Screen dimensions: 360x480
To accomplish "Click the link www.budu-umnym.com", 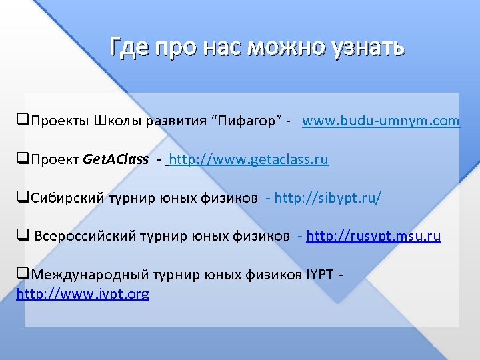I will (x=381, y=121).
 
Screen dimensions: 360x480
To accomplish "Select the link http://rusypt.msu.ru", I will (x=373, y=236).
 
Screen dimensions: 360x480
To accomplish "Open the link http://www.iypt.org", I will (x=83, y=293).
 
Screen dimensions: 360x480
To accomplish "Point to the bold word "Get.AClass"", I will (x=115, y=160).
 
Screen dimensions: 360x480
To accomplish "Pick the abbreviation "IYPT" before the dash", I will (x=323, y=275).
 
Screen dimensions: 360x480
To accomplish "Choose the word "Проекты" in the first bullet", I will (x=56, y=121).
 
